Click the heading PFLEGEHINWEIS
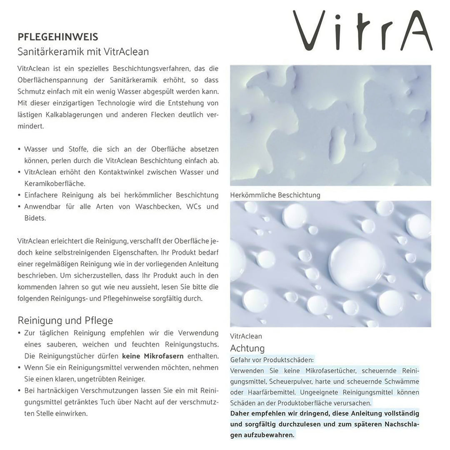(x=58, y=37)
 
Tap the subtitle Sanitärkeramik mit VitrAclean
(x=83, y=52)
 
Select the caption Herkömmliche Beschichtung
(x=275, y=195)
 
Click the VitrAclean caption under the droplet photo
(x=246, y=336)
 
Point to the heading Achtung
(x=247, y=348)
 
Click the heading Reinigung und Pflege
(x=65, y=320)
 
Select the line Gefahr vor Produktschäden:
(x=272, y=359)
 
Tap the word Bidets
(x=35, y=218)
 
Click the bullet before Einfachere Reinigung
(x=20, y=195)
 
